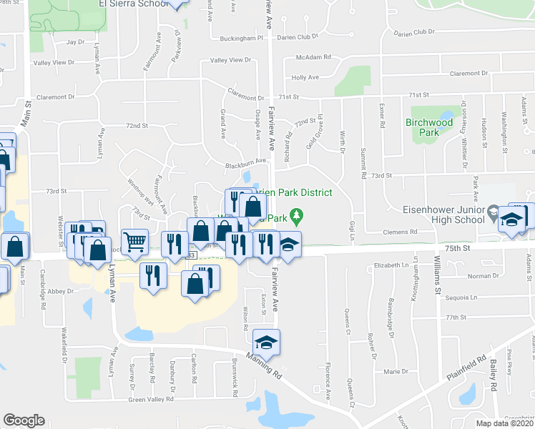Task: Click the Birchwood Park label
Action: coord(429,127)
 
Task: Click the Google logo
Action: coord(24,420)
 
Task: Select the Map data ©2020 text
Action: coord(505,423)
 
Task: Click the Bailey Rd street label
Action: coord(494,376)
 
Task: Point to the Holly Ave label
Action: coord(304,77)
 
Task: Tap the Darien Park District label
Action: coord(286,192)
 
